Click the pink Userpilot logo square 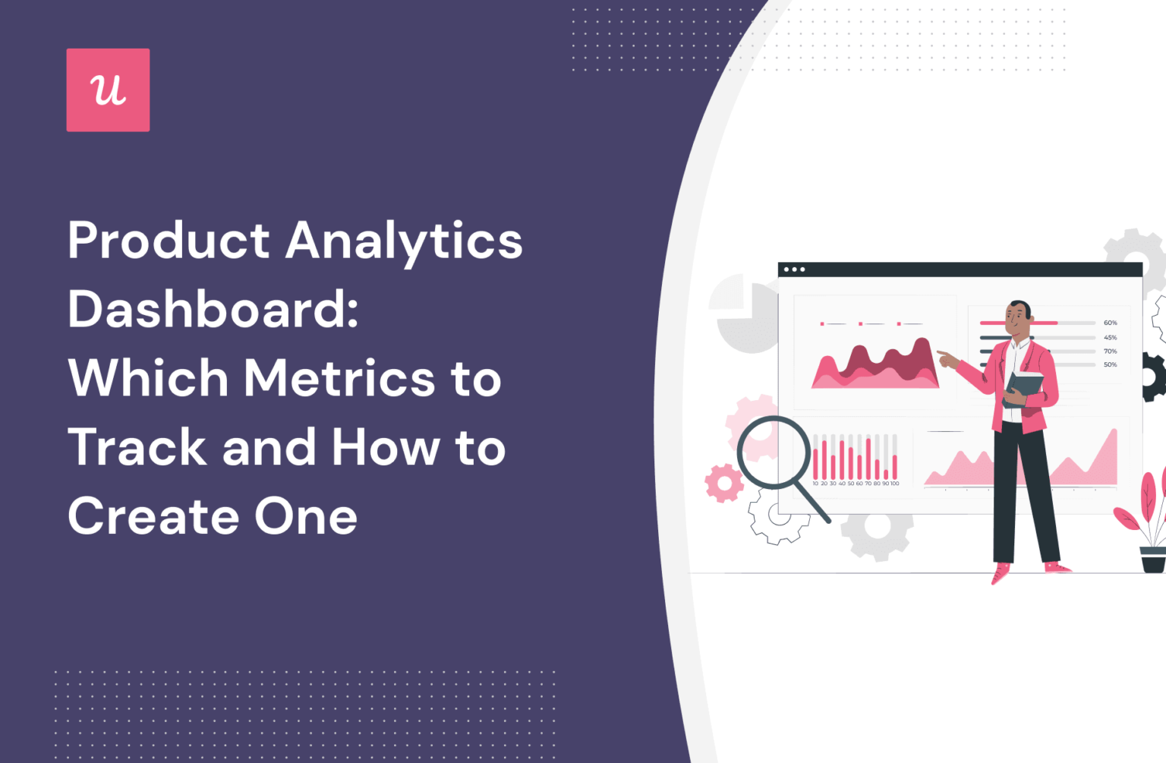click(x=108, y=90)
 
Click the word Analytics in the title click(x=404, y=241)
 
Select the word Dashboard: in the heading click(x=213, y=310)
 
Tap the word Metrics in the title click(x=339, y=378)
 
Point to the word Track click(x=137, y=446)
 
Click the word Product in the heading click(x=169, y=241)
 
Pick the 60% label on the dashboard click(x=1110, y=323)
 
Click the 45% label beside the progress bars click(x=1110, y=337)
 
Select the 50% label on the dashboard click(x=1110, y=364)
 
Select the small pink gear click(x=723, y=483)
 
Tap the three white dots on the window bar click(x=794, y=270)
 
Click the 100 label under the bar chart click(x=895, y=484)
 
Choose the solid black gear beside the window click(x=1155, y=377)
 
